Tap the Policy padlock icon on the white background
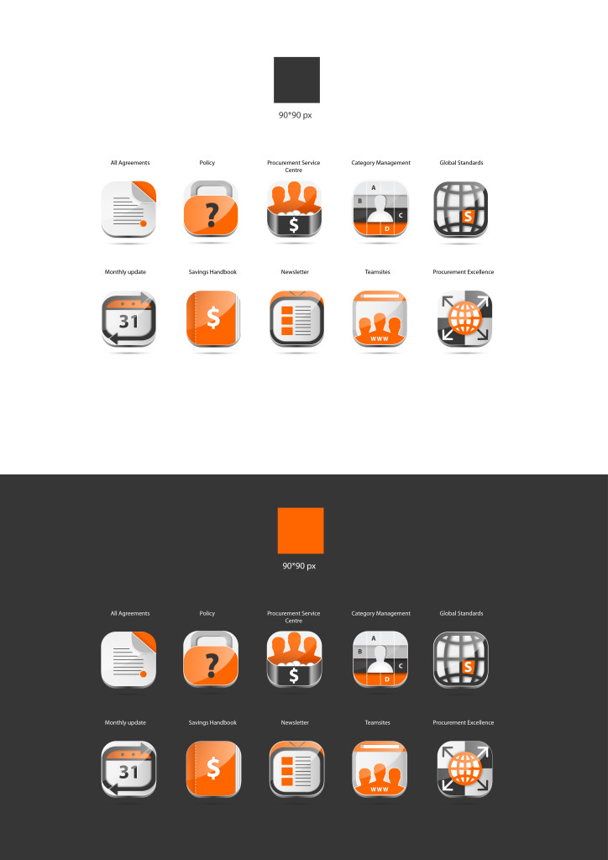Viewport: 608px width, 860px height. [x=211, y=209]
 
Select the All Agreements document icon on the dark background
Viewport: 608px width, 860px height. [x=128, y=659]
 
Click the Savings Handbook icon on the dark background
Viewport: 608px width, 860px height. [x=213, y=769]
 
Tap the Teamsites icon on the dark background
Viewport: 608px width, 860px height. [x=380, y=769]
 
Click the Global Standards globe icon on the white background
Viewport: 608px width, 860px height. [x=460, y=209]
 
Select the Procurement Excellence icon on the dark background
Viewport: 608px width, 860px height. [x=465, y=769]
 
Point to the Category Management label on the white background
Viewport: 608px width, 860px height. [x=381, y=163]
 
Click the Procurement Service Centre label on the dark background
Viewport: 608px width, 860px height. [x=294, y=617]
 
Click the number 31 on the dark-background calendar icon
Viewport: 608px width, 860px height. [x=128, y=773]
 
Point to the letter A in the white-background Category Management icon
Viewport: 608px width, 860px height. [x=374, y=187]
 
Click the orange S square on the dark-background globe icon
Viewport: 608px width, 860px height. [x=468, y=667]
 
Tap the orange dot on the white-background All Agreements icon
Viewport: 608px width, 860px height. [x=144, y=223]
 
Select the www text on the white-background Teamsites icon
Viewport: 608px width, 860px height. [x=380, y=339]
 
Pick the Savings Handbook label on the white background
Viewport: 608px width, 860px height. [x=212, y=272]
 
